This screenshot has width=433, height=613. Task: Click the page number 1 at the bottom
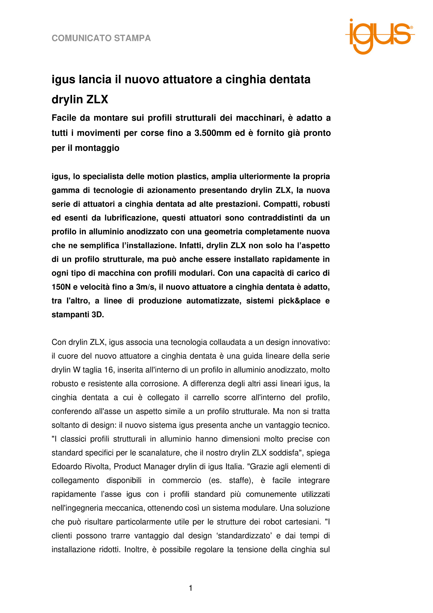(190, 588)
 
